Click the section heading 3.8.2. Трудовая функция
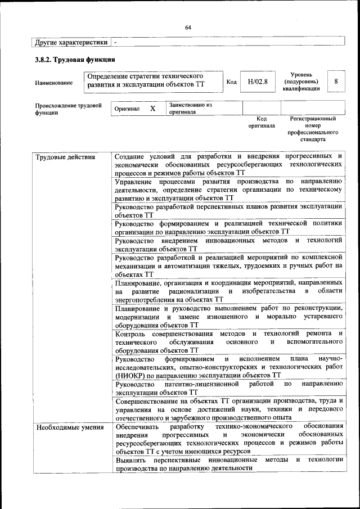coord(75,59)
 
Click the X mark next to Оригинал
coord(152,108)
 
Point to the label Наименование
coord(53,83)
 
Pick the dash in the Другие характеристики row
coord(115,42)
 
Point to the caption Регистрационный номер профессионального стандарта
coord(313,129)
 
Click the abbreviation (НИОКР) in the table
coord(132,374)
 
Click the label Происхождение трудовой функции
coord(68,108)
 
